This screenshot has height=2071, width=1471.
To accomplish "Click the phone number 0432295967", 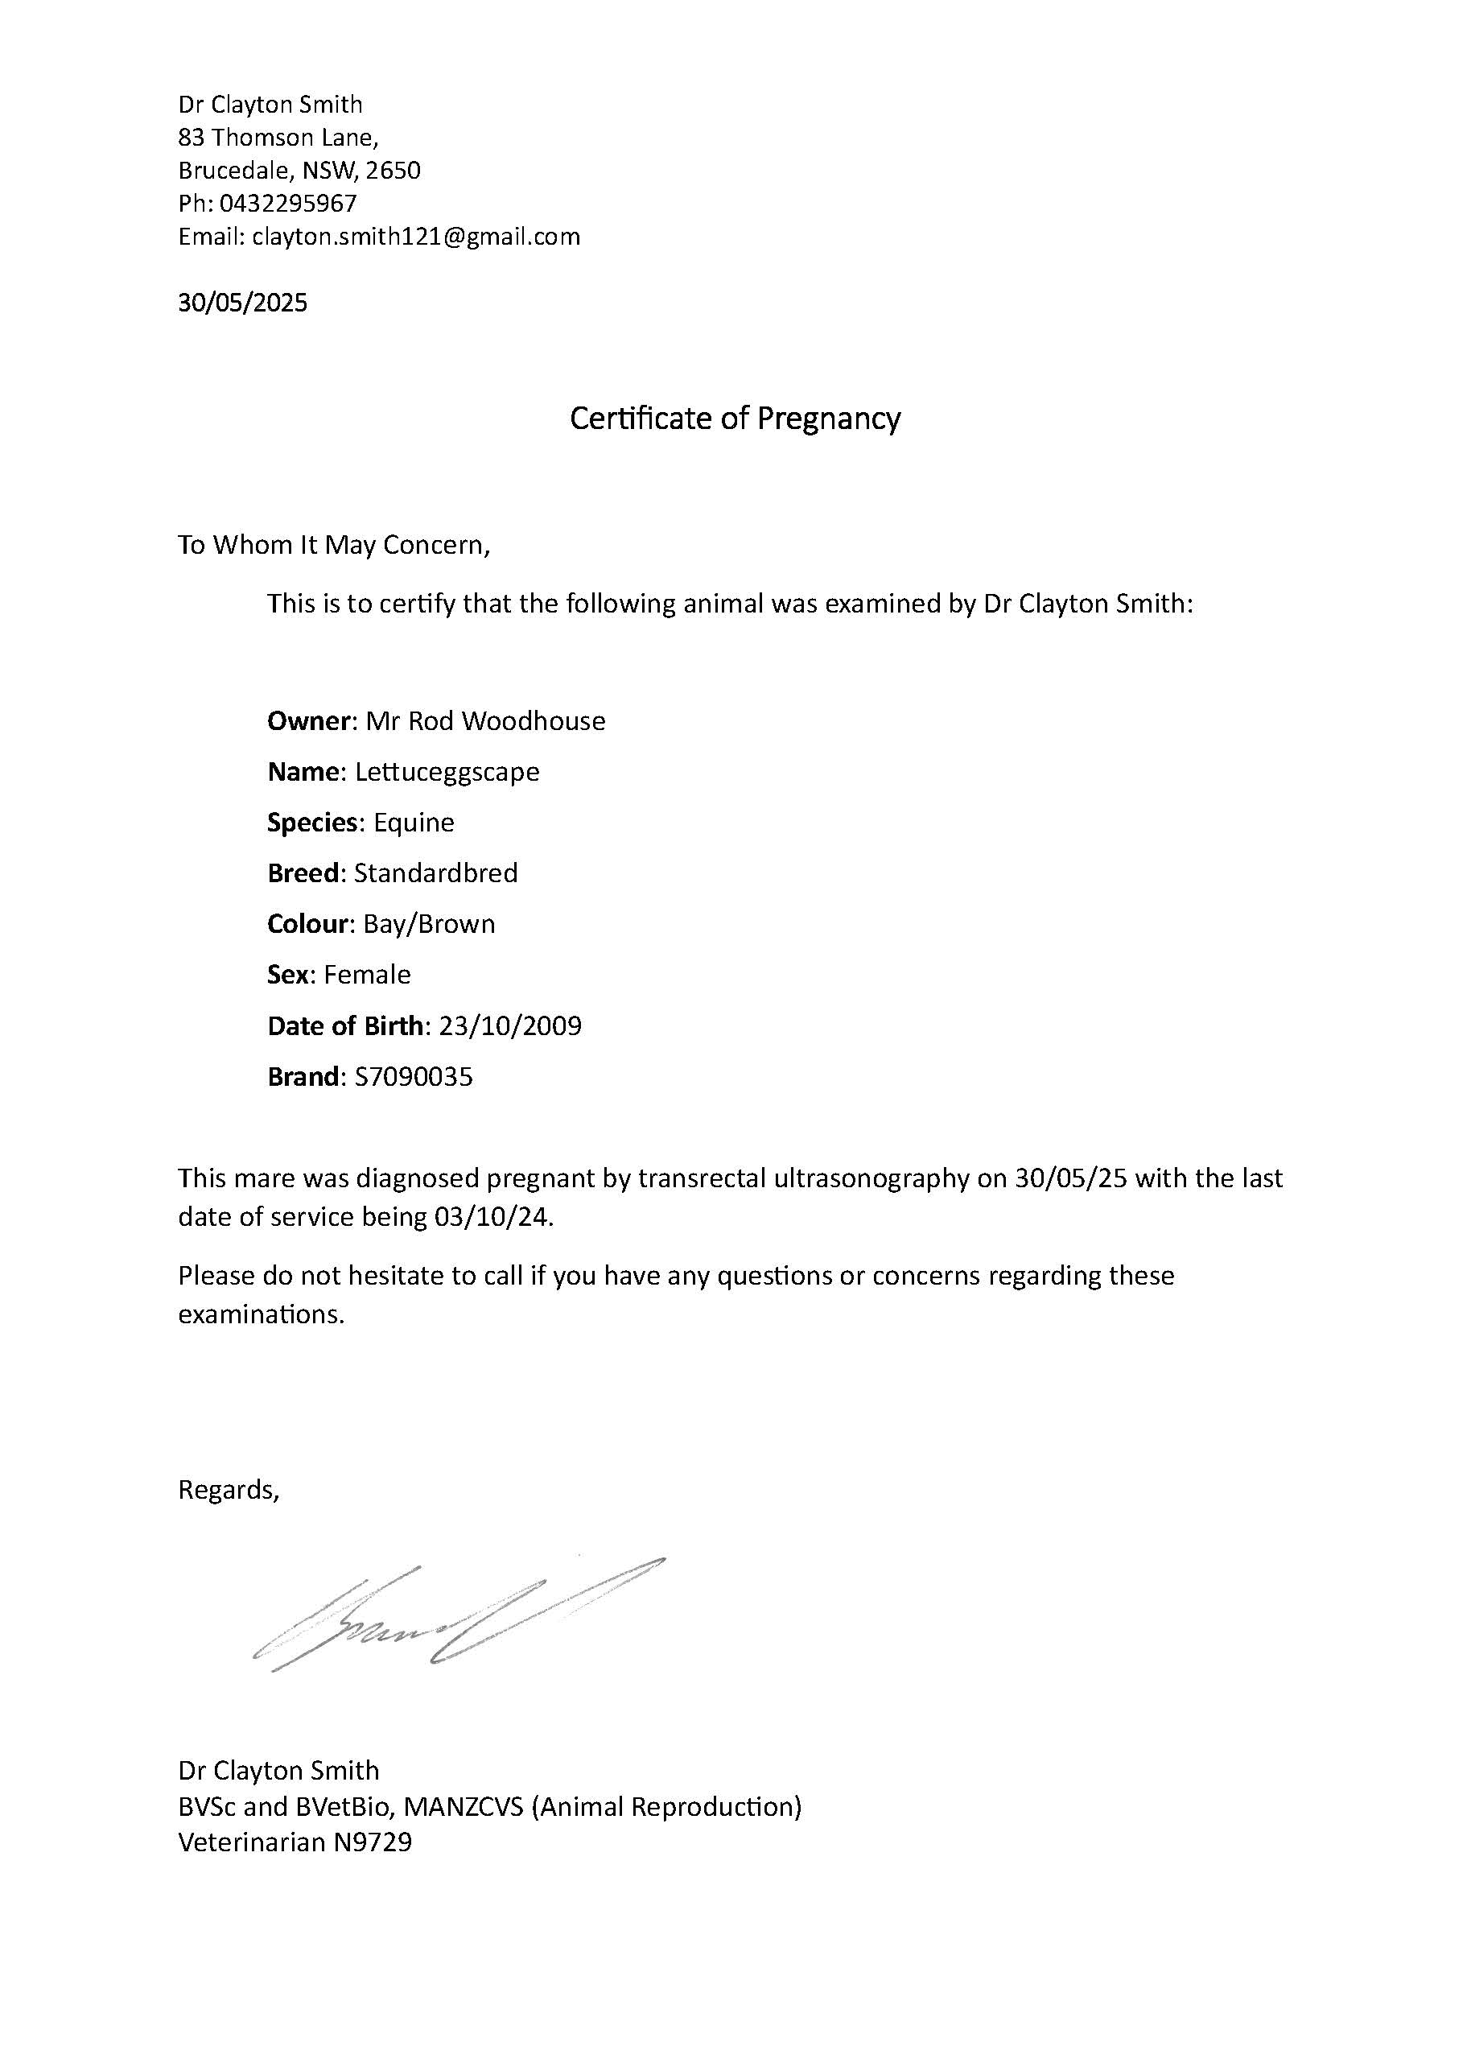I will click(x=288, y=203).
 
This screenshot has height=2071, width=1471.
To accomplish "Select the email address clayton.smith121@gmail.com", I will click(x=416, y=237).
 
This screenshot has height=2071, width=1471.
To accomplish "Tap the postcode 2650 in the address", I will click(x=394, y=171).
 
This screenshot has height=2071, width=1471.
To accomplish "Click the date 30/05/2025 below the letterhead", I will click(x=243, y=303).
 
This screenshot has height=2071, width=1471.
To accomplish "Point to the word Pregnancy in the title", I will click(x=828, y=419).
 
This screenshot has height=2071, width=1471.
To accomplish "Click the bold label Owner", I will click(x=308, y=721).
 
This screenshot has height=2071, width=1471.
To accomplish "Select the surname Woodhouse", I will click(x=534, y=721).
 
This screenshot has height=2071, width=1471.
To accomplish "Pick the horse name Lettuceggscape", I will click(x=447, y=772).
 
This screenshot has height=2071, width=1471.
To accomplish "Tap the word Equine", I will click(x=414, y=823).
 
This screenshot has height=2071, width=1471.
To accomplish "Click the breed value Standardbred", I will click(x=435, y=873).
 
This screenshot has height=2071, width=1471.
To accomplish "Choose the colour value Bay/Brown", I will click(x=430, y=924).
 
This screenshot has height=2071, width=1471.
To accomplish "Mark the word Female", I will click(x=367, y=975).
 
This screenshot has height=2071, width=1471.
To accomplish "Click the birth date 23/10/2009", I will click(x=510, y=1025).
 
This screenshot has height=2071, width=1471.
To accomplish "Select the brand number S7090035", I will click(x=414, y=1076).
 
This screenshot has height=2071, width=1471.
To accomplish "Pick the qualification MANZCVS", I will click(x=464, y=1806).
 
